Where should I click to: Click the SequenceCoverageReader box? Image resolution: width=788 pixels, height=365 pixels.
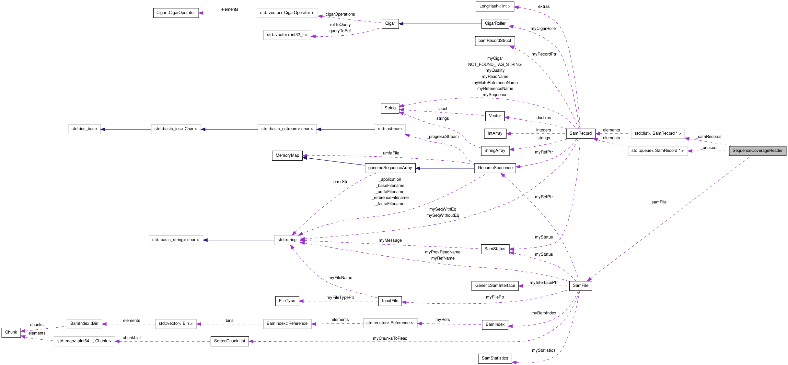point(757,151)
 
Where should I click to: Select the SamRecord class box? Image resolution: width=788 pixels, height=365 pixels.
point(580,133)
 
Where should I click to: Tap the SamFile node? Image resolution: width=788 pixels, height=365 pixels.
point(580,286)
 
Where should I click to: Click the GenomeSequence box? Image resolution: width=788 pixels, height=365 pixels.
point(495,168)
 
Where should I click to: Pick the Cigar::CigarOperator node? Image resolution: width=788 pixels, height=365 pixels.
point(176,13)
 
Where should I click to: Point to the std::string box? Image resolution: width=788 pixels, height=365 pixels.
point(287,240)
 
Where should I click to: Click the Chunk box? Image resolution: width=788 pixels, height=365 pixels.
point(11,332)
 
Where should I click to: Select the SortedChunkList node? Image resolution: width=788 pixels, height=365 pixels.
point(229,341)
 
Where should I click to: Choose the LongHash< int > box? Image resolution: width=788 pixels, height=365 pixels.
point(495,6)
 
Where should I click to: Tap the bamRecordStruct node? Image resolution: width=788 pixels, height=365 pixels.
point(494,41)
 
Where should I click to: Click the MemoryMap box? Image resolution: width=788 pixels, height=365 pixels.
point(287,155)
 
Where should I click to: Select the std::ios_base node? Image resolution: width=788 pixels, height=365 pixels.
point(84,129)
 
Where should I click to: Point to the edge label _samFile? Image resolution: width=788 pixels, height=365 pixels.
point(658,202)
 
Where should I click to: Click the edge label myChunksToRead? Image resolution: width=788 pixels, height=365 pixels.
point(390,338)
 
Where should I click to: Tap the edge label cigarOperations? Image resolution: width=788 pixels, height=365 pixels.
point(340,14)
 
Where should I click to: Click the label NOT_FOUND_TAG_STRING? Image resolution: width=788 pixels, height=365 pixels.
point(495,65)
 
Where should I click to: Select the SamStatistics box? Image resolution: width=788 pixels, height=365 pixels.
point(495,358)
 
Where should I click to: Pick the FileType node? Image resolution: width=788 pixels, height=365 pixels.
point(287,301)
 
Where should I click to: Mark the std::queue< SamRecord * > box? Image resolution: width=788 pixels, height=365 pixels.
point(657,151)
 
